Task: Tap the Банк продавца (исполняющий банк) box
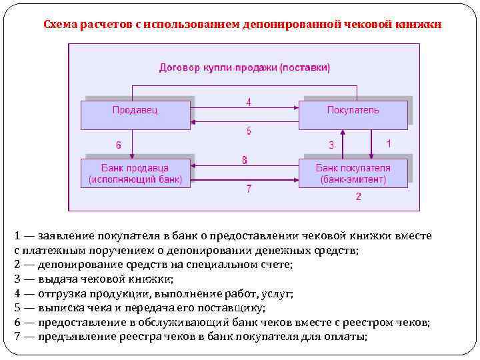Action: [136, 174]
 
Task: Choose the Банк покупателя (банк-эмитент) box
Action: [353, 174]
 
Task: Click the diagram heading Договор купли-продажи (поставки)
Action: [245, 67]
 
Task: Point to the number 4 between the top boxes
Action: [248, 103]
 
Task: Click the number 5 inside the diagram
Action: [248, 131]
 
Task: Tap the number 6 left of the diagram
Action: [119, 145]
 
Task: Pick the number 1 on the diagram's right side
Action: [389, 143]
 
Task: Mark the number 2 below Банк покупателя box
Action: [358, 196]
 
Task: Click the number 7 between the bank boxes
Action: [248, 189]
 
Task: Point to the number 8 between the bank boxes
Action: [245, 160]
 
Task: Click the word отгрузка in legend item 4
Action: [63, 293]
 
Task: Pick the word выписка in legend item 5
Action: [60, 308]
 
